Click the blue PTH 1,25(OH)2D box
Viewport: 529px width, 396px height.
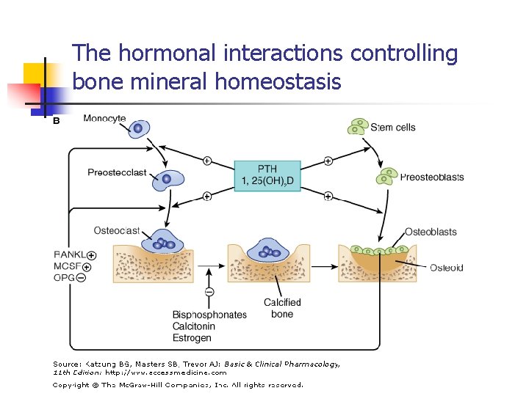[x=267, y=176]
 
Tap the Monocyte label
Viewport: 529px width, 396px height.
[x=104, y=119]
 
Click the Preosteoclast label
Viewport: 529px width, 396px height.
[x=117, y=173]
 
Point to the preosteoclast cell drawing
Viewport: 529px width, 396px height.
[x=168, y=179]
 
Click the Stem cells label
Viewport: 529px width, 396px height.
[x=392, y=128]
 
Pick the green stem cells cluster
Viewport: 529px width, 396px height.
[x=358, y=127]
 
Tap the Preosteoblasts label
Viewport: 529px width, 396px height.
[x=431, y=177]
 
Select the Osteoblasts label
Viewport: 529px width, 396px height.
[x=431, y=232]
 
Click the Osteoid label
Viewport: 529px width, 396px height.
[x=446, y=268]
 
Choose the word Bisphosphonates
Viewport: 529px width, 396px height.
[x=209, y=315]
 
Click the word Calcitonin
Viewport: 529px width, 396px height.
[x=194, y=326]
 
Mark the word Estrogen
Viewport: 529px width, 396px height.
[x=192, y=338]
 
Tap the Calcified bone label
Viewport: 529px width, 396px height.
[x=282, y=308]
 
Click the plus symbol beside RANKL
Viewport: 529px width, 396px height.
[x=91, y=255]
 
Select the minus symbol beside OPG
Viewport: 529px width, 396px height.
[x=81, y=277]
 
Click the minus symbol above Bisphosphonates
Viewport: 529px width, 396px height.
[x=209, y=292]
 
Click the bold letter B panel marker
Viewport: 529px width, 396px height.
[x=57, y=120]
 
